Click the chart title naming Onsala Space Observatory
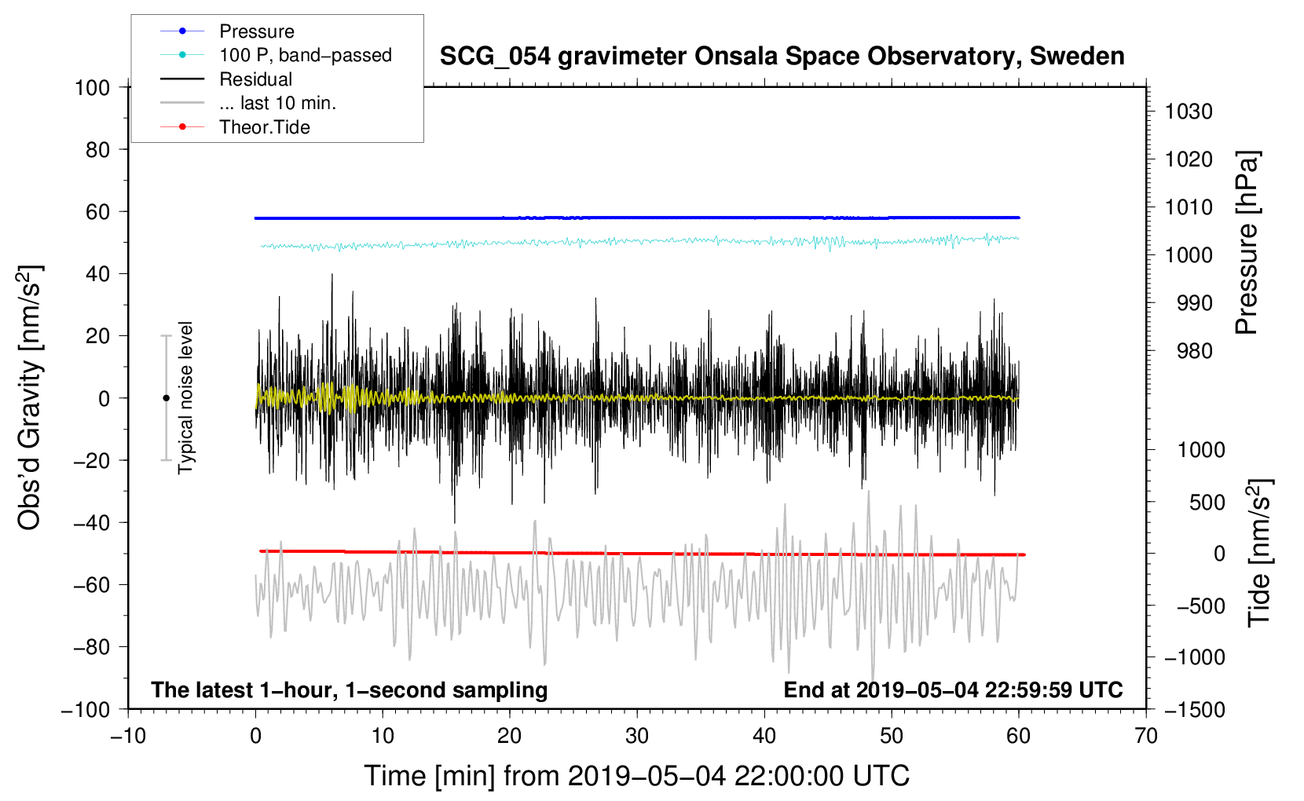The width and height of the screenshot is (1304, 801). (782, 57)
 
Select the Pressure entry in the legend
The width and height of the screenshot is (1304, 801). (256, 31)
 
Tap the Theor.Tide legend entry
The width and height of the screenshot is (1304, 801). (264, 127)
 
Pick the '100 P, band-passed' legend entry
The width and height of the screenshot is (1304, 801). (305, 55)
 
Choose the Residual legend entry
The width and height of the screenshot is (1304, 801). (255, 79)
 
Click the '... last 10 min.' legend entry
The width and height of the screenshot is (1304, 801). (277, 103)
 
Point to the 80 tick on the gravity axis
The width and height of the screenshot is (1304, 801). (97, 149)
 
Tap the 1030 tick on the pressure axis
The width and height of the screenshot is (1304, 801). (1189, 112)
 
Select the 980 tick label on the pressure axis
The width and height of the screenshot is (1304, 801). (1194, 351)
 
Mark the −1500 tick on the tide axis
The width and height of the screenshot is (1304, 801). (1194, 709)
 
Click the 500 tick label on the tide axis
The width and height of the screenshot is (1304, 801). (1207, 502)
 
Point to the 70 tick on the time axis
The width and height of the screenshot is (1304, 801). (1146, 736)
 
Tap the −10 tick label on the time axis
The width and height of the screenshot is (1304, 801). (128, 736)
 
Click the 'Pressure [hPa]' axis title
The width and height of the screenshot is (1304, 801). (1247, 243)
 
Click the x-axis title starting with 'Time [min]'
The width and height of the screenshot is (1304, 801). (636, 776)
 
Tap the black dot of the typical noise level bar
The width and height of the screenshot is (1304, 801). (166, 398)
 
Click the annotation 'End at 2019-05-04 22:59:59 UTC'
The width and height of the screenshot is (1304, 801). (953, 689)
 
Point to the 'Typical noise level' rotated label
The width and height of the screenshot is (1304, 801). (185, 397)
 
